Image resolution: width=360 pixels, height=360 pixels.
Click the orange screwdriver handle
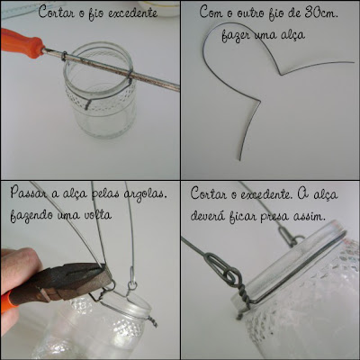click(x=22, y=44)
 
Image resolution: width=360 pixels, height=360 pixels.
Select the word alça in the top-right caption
click(x=292, y=34)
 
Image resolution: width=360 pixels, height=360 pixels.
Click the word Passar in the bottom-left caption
click(x=29, y=193)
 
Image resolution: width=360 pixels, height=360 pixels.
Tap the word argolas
click(x=146, y=194)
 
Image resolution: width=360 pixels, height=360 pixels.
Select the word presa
click(x=274, y=217)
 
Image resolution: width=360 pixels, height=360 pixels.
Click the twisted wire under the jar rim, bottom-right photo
click(x=245, y=301)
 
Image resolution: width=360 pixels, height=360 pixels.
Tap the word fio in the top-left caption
click(x=95, y=14)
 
